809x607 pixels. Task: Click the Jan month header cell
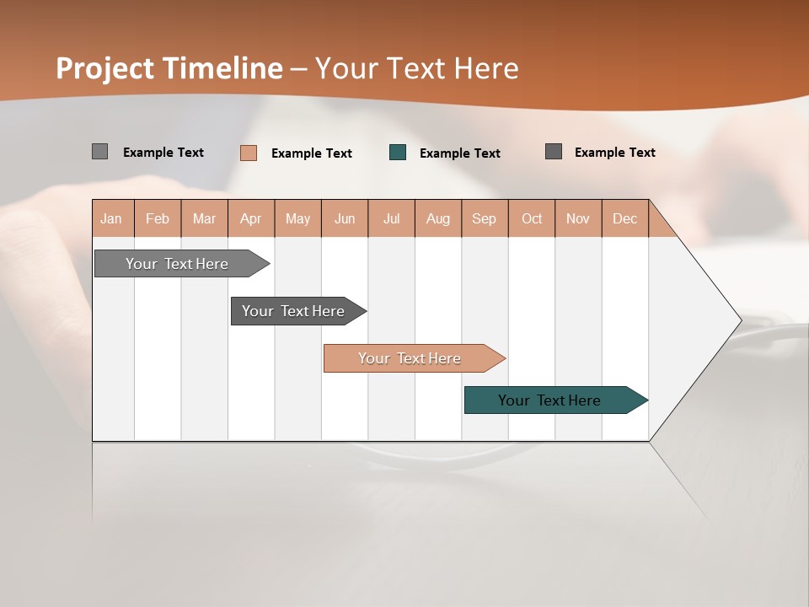point(112,218)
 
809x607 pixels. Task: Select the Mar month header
point(204,218)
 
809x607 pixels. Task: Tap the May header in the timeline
point(297,218)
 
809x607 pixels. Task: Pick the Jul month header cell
point(391,218)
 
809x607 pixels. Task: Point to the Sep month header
point(484,218)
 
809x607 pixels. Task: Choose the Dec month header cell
point(624,218)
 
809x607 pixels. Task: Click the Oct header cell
point(531,218)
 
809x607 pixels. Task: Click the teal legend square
point(398,153)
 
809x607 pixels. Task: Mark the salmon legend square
point(249,153)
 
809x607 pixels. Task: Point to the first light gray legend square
point(99,152)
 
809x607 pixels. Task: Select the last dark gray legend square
point(554,152)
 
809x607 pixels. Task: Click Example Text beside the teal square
point(459,153)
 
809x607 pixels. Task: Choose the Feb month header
point(158,218)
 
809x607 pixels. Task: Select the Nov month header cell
point(578,218)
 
